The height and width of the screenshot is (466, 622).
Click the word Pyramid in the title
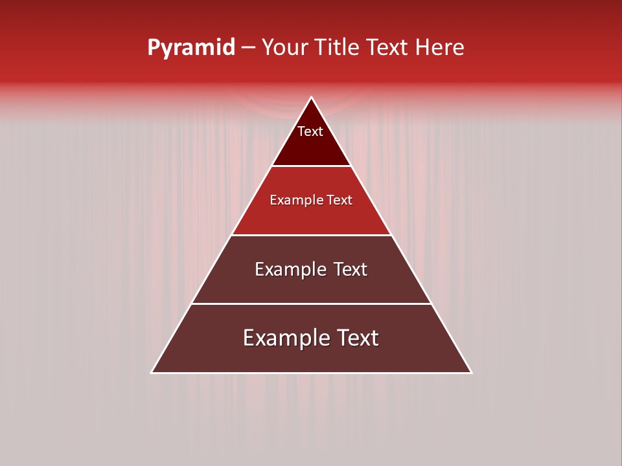[190, 48]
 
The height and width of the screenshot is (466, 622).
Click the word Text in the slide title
[387, 48]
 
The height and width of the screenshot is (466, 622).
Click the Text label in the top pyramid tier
[310, 131]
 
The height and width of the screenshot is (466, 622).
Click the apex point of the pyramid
[312, 98]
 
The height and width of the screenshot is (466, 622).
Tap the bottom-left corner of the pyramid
[152, 373]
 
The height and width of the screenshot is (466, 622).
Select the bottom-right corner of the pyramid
[472, 373]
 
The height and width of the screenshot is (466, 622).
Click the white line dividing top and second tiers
[312, 166]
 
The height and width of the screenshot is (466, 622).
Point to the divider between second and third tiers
[312, 235]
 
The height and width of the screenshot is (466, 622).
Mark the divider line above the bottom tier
[312, 304]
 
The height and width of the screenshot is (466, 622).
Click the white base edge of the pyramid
[312, 373]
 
